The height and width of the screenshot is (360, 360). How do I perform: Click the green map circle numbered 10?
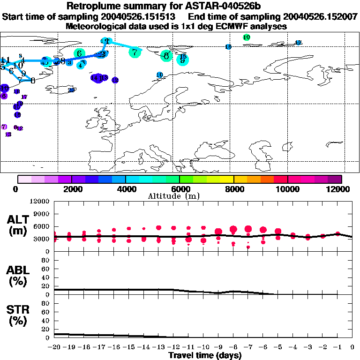click(247, 37)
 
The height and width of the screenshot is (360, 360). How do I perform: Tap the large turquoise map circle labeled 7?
click(135, 52)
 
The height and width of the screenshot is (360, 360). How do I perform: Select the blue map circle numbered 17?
click(298, 43)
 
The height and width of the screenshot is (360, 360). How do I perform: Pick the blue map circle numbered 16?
click(228, 47)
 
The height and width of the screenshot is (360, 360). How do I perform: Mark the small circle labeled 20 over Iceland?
click(71, 90)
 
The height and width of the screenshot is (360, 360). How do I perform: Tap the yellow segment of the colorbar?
click(227, 179)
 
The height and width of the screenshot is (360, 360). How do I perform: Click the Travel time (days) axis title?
click(205, 356)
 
